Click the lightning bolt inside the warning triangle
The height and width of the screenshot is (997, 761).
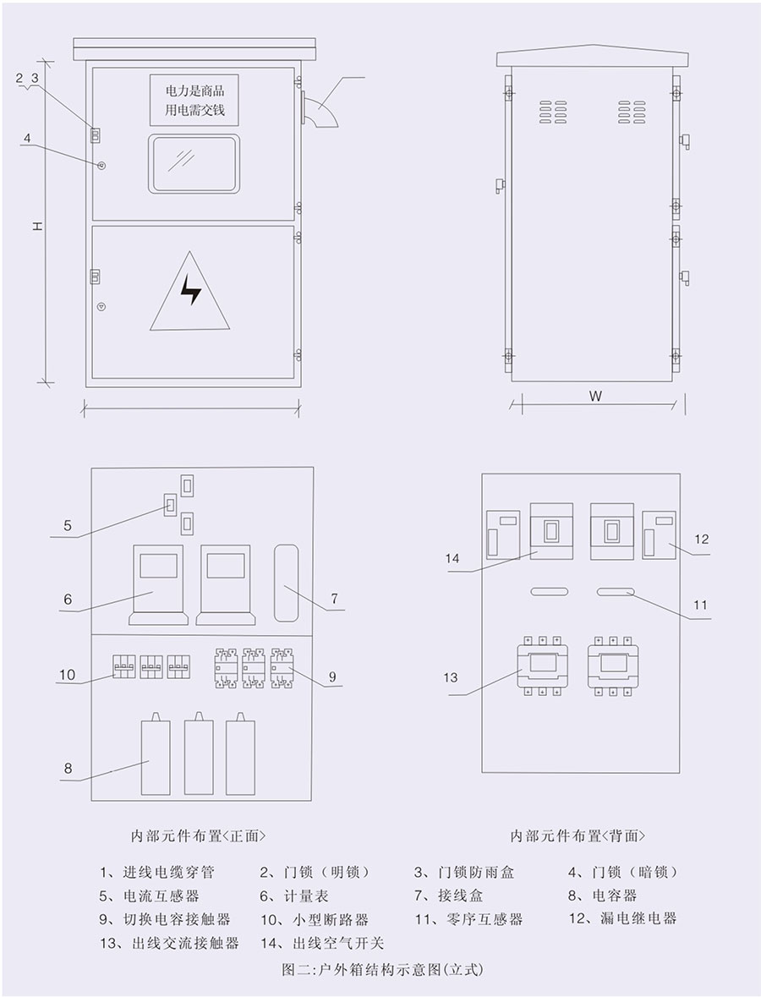[191, 290]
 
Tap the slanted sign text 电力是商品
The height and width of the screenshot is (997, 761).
[194, 90]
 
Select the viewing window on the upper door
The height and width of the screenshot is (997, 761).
[194, 163]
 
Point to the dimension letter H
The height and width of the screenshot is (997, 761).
[37, 226]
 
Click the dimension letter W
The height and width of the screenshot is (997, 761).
[595, 396]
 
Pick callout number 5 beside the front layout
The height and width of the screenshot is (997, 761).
[68, 526]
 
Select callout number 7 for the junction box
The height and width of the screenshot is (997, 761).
[334, 599]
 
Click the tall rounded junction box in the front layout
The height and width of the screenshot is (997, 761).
[286, 583]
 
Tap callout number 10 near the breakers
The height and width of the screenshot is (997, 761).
[67, 675]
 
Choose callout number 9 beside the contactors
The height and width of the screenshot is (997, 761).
[332, 677]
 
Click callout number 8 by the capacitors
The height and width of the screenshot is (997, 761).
[68, 768]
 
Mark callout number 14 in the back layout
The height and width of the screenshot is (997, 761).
[452, 558]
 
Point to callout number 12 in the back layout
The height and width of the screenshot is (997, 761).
[701, 540]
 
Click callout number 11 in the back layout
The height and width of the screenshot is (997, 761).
[700, 605]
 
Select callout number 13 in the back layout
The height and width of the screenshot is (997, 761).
[451, 678]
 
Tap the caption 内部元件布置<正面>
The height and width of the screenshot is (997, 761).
[199, 835]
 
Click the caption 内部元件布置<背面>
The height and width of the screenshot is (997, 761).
[578, 835]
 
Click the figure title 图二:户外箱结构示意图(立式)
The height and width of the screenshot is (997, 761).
[383, 970]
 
